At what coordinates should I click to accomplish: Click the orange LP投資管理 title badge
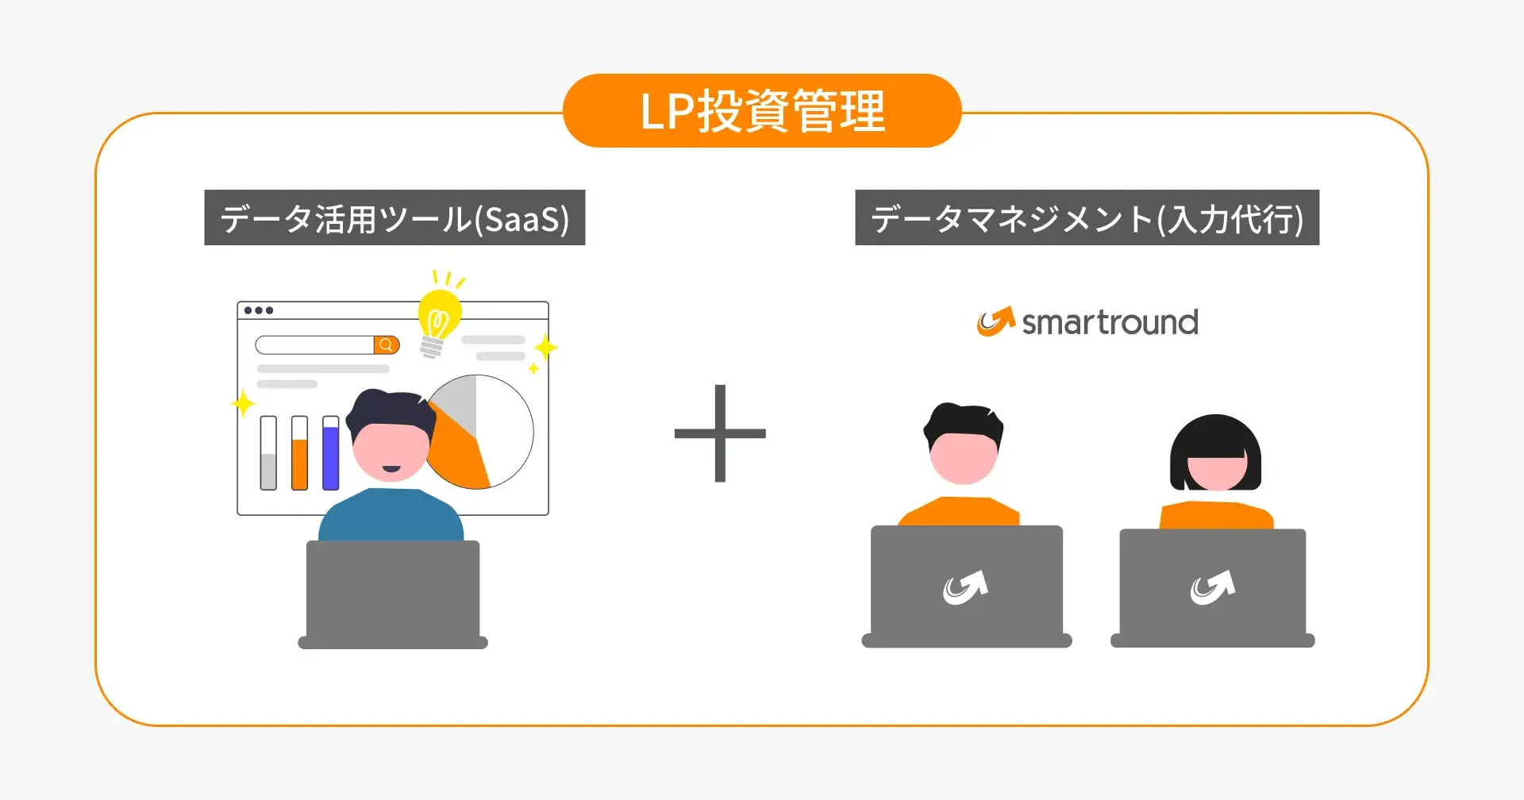point(762,111)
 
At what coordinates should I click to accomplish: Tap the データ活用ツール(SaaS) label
point(394,218)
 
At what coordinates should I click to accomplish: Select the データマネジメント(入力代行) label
point(1087,218)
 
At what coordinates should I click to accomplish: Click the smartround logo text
point(1110,323)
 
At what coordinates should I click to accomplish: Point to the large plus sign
point(720,433)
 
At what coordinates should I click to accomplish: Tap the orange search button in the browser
point(387,344)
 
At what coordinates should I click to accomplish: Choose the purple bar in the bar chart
point(331,456)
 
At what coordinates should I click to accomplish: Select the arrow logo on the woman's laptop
point(1212,588)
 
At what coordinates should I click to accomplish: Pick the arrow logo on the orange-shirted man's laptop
point(965,588)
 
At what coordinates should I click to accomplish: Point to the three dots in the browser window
point(259,310)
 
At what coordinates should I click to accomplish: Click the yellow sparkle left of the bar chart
point(243,403)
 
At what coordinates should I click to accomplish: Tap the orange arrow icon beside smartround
point(995,321)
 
